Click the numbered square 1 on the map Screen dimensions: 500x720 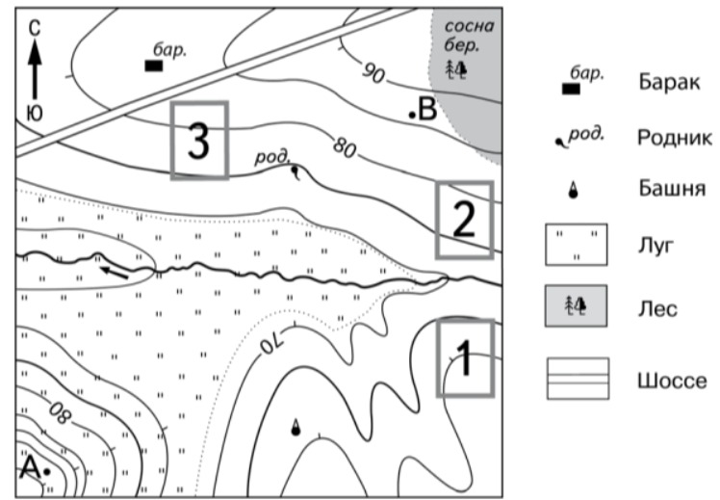[466, 358]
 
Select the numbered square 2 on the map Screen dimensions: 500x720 [464, 220]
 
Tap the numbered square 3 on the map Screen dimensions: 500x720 [199, 141]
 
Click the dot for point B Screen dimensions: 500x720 [412, 115]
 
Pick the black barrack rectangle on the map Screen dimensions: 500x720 [152, 66]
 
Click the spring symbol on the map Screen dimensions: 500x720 [295, 172]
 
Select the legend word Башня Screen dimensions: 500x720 [668, 190]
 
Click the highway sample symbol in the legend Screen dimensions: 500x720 [578, 378]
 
